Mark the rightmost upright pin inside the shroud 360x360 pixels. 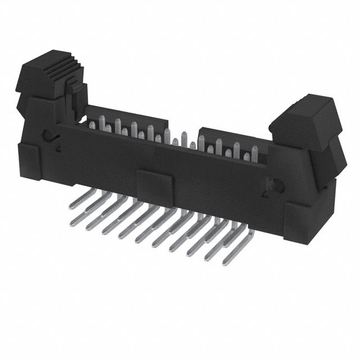(x=255, y=155)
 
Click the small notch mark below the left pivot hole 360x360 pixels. (x=57, y=147)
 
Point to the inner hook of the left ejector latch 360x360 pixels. (x=73, y=101)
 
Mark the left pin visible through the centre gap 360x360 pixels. (x=175, y=142)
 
